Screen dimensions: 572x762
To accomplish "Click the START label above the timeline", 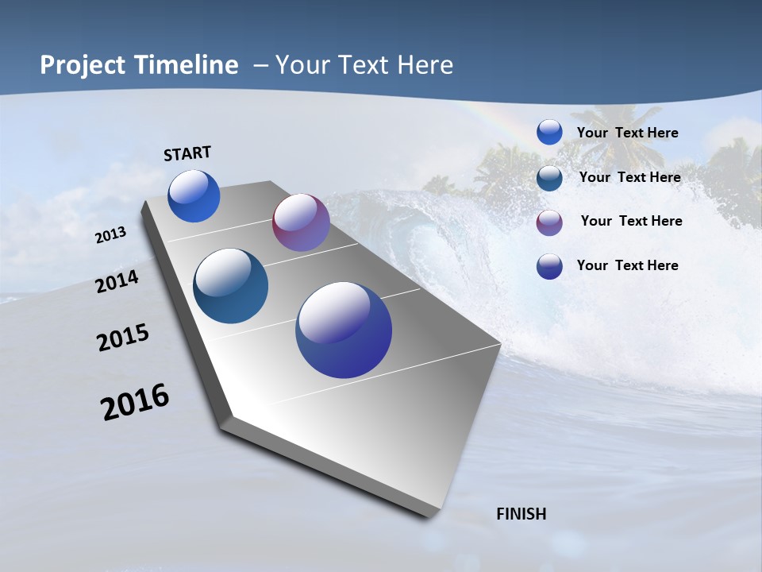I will coord(187,153).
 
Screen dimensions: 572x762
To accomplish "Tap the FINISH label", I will coord(521,514).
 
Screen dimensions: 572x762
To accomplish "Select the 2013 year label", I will coord(111,235).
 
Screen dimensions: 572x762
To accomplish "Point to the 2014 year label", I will coord(117,282).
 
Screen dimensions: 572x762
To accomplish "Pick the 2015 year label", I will coord(123,338).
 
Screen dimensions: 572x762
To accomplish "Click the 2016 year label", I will coord(135,402).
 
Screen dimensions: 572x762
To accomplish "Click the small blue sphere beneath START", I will coord(194,196).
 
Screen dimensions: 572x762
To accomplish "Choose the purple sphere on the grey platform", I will coord(301,222).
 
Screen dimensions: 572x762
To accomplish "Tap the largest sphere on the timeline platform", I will coord(344,330).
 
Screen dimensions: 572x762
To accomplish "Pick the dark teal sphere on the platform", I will coord(230,286).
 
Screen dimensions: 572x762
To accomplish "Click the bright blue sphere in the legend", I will coord(549,133).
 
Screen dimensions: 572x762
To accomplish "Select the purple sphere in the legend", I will coord(549,222).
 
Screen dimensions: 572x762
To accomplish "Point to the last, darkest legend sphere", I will coord(549,266).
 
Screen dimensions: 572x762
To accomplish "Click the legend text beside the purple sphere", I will coord(631,221).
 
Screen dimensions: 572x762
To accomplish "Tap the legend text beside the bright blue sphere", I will coord(627,133).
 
